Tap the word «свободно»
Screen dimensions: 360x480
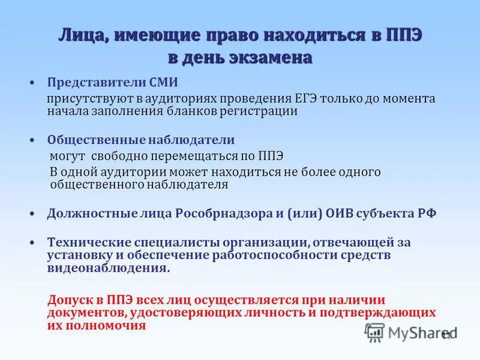[x=117, y=156]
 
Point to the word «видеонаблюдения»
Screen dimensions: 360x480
[x=108, y=269]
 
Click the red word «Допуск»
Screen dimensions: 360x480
[x=69, y=300]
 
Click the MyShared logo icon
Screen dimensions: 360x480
[x=374, y=331]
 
